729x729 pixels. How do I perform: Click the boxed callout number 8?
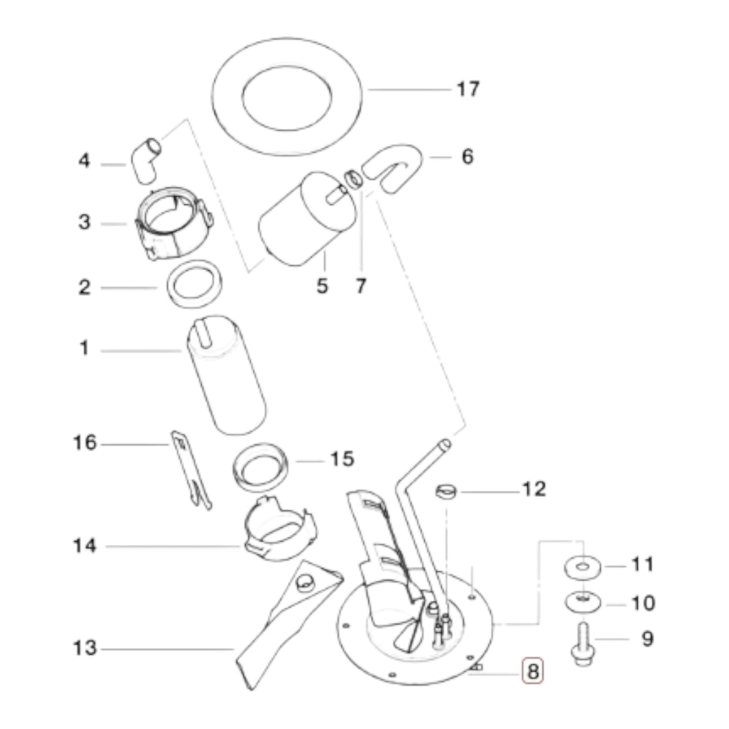click(x=532, y=671)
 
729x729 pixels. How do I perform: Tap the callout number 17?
click(x=467, y=89)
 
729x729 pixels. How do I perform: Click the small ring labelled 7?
click(x=354, y=179)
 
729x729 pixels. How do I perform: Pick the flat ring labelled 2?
click(x=195, y=284)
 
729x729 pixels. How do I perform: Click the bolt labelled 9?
click(x=583, y=645)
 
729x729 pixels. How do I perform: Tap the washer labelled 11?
click(x=583, y=567)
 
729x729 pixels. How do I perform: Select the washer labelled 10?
click(x=583, y=601)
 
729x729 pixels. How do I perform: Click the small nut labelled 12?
click(x=446, y=490)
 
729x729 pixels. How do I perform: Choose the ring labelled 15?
click(x=260, y=467)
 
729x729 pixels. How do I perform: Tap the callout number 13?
click(x=84, y=648)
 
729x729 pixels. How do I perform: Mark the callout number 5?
click(x=322, y=286)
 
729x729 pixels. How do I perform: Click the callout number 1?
click(x=84, y=348)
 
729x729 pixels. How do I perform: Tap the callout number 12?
click(x=534, y=489)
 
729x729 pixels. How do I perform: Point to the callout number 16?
click(x=84, y=443)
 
